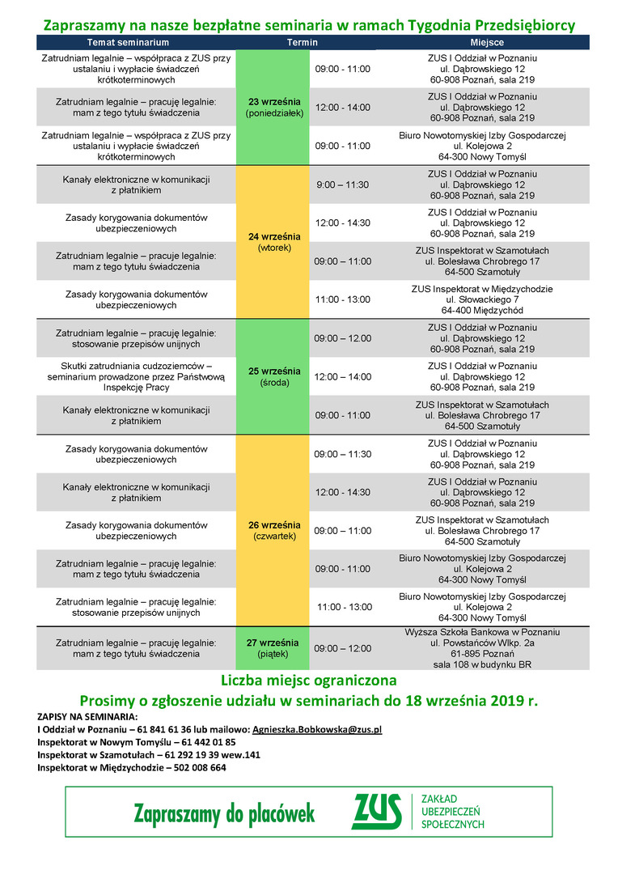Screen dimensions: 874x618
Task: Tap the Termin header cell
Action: click(x=303, y=42)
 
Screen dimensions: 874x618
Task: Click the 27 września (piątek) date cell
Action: click(x=273, y=647)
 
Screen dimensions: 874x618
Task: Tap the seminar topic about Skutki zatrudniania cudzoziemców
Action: click(x=136, y=376)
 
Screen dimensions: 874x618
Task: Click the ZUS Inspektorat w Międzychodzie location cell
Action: click(x=482, y=299)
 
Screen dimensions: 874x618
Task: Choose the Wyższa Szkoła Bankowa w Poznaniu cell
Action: click(x=482, y=647)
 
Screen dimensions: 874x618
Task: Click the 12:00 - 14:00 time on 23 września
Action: click(x=342, y=108)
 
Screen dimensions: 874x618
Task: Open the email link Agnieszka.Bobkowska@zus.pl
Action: click(x=317, y=729)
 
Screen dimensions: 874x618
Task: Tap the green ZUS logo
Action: click(x=376, y=812)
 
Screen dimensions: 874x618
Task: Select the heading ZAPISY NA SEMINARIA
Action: click(x=87, y=716)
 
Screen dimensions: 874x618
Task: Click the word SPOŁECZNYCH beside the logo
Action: click(x=453, y=824)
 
